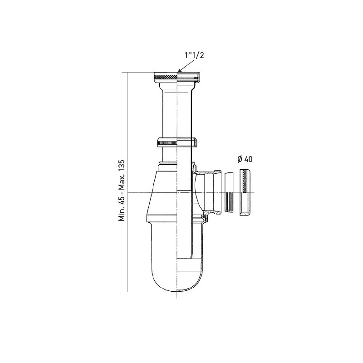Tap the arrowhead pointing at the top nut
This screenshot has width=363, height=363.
pos(180,71)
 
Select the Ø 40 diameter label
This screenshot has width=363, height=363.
pos(245,159)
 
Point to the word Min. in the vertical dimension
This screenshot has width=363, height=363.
pos(122,214)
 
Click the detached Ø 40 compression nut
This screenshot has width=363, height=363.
pos(245,192)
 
